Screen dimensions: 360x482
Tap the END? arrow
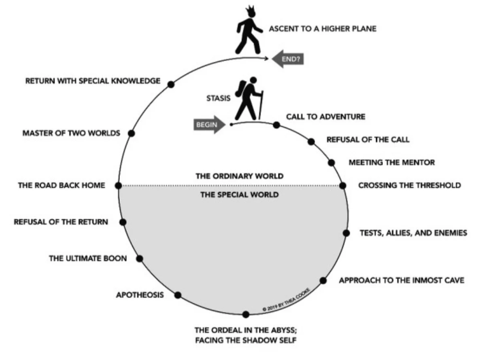point(287,60)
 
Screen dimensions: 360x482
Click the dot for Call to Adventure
point(276,125)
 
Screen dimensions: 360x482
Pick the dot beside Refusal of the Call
point(311,141)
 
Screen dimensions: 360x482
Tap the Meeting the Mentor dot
point(331,163)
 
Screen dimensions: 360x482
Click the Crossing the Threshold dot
point(343,186)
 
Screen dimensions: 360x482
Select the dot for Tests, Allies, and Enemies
point(346,233)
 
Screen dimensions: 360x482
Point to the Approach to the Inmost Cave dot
point(323,280)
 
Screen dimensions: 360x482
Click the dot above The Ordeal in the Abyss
point(246,314)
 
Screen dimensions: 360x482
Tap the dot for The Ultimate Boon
point(140,258)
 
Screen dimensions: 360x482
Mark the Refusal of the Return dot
point(123,222)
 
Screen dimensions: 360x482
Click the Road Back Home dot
point(118,186)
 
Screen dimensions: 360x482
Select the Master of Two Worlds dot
point(131,133)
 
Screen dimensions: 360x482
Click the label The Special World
point(240,195)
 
